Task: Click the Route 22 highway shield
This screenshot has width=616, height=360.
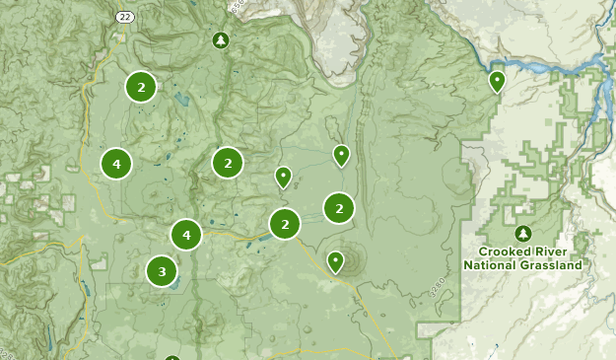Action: click(x=123, y=17)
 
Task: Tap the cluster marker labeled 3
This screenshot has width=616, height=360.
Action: click(x=162, y=270)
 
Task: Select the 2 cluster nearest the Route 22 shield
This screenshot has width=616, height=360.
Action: click(x=141, y=88)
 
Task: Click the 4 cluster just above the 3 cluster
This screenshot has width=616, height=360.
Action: click(x=185, y=235)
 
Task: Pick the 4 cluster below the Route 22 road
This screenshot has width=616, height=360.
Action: click(x=116, y=163)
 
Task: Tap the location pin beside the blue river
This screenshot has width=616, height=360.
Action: click(x=498, y=81)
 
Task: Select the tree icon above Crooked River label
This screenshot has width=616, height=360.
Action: click(x=522, y=234)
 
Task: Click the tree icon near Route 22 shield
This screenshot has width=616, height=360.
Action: click(x=220, y=39)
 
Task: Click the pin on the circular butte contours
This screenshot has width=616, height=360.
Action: click(x=336, y=260)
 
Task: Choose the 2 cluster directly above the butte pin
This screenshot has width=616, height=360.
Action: click(x=339, y=208)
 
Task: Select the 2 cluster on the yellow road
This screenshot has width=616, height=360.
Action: click(x=285, y=224)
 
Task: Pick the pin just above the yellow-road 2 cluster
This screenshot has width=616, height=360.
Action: click(x=283, y=177)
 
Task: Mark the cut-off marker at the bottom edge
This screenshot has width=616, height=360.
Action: click(x=172, y=357)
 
